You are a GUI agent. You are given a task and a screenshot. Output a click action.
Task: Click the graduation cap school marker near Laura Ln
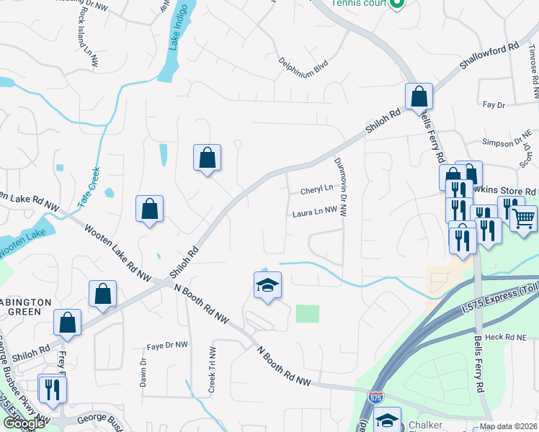point(267,286)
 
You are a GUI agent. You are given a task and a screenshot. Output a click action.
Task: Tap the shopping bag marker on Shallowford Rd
point(419,96)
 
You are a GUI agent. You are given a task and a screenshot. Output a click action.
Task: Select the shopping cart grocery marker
point(524,217)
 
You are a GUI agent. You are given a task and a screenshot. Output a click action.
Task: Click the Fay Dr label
point(494,105)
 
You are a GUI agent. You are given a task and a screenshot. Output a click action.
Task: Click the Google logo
point(24,424)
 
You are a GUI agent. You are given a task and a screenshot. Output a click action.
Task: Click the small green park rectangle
point(307,313)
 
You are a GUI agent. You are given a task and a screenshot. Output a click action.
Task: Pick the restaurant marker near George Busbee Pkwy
point(51,390)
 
